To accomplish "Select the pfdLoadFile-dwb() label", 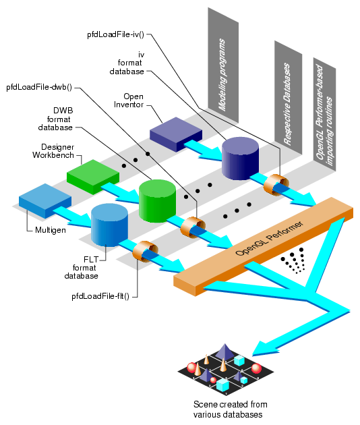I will coord(40,87).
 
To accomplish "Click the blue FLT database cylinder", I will coord(109,225).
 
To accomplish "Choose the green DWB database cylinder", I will coord(157,200).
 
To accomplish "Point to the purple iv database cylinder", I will coord(241,158).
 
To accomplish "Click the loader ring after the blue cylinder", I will coord(145,253).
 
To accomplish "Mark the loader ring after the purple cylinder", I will coord(276,184).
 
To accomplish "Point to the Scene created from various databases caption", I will coord(226,409).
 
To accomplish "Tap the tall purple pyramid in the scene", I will coord(224,352).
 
